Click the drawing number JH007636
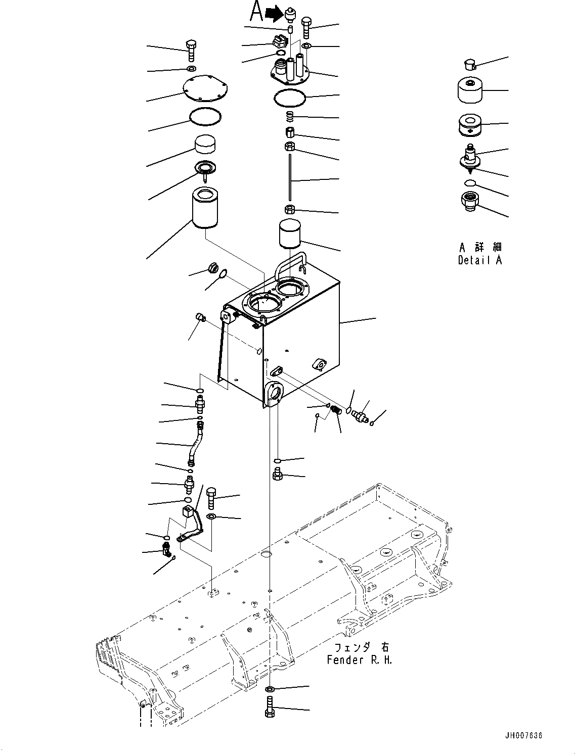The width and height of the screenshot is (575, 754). pyautogui.click(x=522, y=735)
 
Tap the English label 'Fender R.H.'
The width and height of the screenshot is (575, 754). pyautogui.click(x=359, y=660)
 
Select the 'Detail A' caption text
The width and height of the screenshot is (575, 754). pyautogui.click(x=480, y=260)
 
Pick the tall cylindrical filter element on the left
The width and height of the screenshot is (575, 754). pyautogui.click(x=205, y=211)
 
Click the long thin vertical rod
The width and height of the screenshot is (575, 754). pyautogui.click(x=290, y=178)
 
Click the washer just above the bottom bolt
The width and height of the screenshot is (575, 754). pyautogui.click(x=270, y=689)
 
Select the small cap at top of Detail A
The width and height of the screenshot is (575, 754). pyautogui.click(x=469, y=64)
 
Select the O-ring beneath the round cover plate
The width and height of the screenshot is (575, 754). pyautogui.click(x=205, y=117)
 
